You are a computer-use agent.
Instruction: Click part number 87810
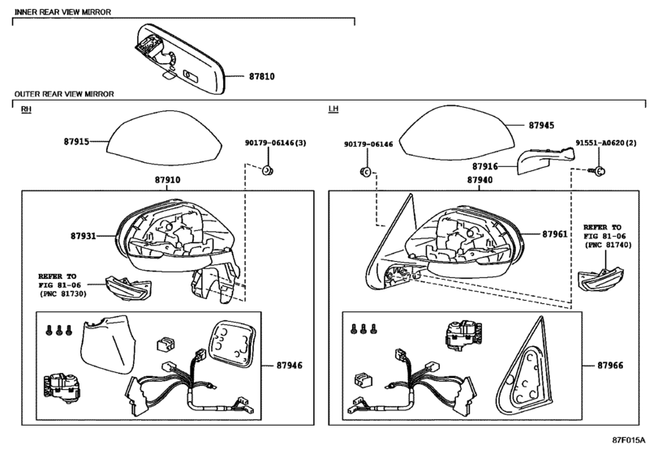point(262,76)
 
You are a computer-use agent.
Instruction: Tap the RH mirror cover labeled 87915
point(165,139)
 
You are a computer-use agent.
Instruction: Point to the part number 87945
point(541,126)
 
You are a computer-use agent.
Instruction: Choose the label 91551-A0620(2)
point(606,143)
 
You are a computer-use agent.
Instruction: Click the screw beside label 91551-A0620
point(598,171)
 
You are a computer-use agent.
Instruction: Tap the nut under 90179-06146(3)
point(266,170)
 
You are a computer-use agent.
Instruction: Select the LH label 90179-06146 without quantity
point(368,144)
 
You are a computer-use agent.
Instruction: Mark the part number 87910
point(167,180)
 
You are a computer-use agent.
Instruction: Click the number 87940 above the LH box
point(480,180)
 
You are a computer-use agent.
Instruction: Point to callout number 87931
point(83,236)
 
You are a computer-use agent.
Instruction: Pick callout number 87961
point(555,234)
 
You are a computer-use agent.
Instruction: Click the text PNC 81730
point(63,293)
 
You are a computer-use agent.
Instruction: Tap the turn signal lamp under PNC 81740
point(600,280)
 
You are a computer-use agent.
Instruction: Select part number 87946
point(289,366)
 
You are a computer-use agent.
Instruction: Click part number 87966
point(610,366)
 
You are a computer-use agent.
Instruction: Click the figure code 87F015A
point(628,440)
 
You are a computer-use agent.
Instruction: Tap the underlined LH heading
point(333,109)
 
